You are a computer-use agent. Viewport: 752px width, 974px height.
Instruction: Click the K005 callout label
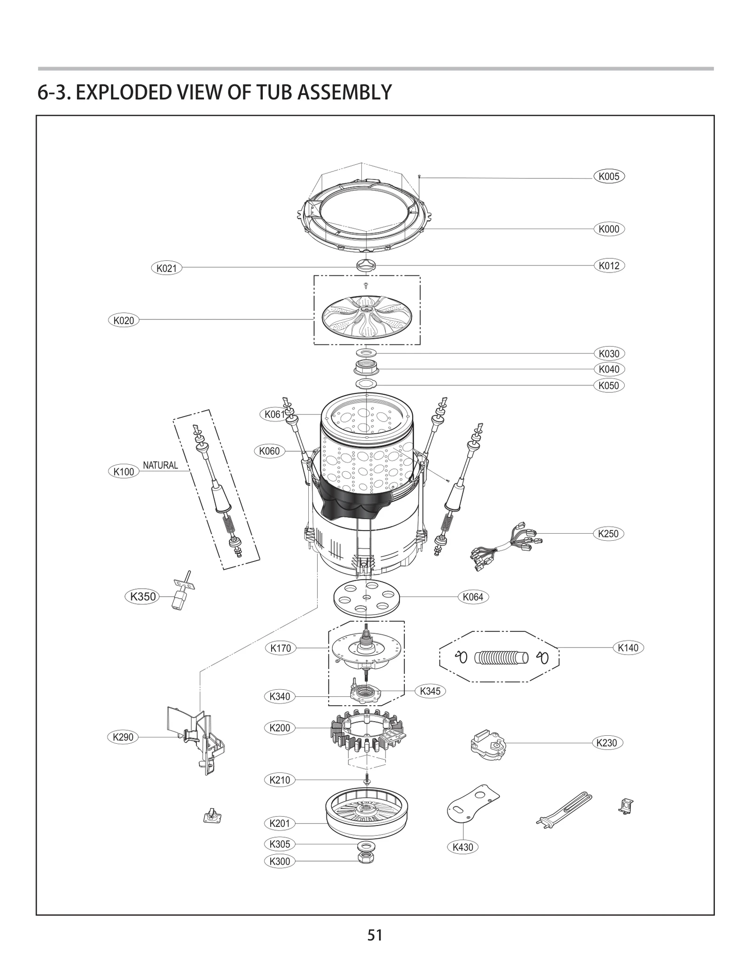point(609,177)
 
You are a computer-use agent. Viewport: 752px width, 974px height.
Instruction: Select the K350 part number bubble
point(142,597)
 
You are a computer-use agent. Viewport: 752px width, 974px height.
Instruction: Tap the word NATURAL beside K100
point(160,465)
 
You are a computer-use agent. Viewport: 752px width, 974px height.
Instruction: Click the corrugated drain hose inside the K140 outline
point(501,657)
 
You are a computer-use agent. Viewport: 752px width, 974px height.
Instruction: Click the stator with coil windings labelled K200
point(367,734)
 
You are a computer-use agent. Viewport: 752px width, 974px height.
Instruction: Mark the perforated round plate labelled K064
point(367,598)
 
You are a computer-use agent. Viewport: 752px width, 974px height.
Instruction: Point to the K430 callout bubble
point(462,847)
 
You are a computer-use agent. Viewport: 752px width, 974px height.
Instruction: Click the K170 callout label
point(281,648)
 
